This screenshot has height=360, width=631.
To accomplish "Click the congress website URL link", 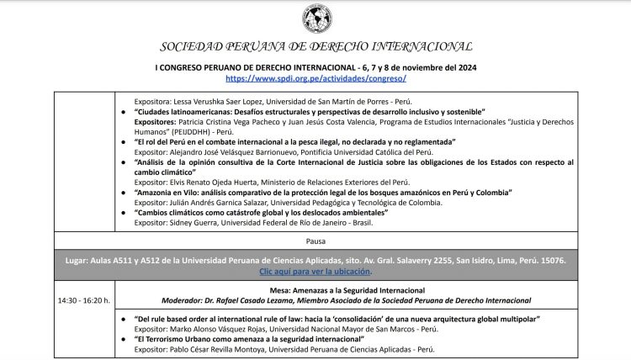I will tap(315, 77).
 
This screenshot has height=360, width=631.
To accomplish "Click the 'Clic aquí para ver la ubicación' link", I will tap(315, 272).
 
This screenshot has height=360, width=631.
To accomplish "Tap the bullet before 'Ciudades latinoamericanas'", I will tap(125, 111).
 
